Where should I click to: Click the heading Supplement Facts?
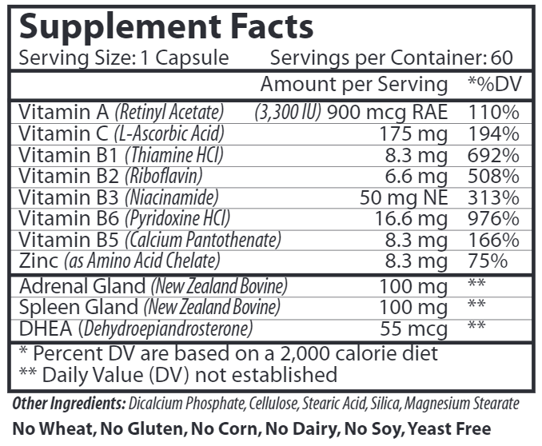(165, 27)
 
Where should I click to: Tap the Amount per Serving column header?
(354, 84)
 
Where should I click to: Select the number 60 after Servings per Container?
(503, 58)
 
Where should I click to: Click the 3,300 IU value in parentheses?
(288, 112)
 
